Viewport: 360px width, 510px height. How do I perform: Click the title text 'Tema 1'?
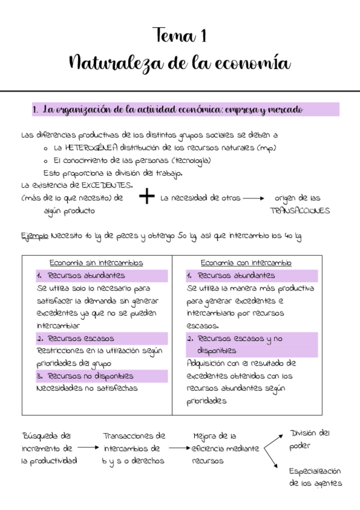tap(180, 36)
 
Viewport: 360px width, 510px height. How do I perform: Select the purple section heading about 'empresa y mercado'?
tap(185, 110)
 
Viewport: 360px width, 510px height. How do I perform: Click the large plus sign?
tap(146, 197)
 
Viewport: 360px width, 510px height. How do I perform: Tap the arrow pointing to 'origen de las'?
tap(253, 198)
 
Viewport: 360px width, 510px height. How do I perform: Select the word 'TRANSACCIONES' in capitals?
tap(300, 211)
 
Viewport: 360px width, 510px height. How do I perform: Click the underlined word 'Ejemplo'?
tap(35, 236)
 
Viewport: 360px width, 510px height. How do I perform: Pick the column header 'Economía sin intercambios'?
tap(96, 263)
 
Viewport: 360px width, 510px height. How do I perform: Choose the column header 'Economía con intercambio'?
tap(246, 263)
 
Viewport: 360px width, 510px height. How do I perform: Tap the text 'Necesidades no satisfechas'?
tap(87, 389)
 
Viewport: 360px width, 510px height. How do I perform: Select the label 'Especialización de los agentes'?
tap(315, 478)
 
